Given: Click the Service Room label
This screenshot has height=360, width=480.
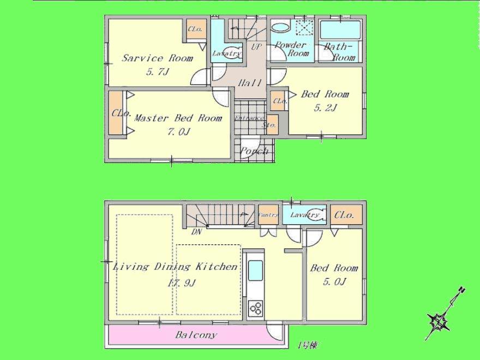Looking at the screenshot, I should pos(157,58).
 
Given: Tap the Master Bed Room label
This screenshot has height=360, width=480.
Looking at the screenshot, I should pos(178,118).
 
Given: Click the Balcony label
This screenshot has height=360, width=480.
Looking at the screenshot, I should pos(196,335).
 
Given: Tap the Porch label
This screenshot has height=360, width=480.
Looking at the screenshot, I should pos(255,151).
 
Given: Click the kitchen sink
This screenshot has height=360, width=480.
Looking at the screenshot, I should pos(255,269).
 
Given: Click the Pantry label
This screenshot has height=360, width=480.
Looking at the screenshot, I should pos(268,215).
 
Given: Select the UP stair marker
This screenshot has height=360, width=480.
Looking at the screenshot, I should pos(255,47).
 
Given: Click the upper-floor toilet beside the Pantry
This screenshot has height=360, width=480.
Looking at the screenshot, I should pos(315,214).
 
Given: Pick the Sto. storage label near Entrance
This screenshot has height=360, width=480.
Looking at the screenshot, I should pos(269,125).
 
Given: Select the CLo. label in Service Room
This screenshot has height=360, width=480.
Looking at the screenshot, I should pos(195,29).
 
